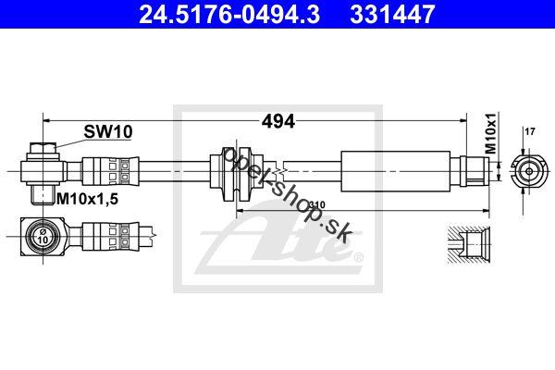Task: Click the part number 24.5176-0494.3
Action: point(229,14)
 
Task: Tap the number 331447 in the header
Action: point(392,14)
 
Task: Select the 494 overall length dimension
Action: point(278,121)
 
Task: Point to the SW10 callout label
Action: point(108,132)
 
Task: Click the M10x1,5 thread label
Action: point(88,200)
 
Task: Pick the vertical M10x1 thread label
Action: point(490,133)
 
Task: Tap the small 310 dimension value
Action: point(317,205)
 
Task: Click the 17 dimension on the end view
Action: point(530,131)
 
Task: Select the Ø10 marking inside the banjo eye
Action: point(43,236)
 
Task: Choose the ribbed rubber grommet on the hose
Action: point(237,173)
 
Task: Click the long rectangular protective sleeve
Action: point(395,171)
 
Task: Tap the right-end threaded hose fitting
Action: point(475,171)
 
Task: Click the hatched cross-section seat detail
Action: point(469,245)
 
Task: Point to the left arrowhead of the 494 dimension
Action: point(47,121)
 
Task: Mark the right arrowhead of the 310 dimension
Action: point(486,211)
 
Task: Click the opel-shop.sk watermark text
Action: point(286,195)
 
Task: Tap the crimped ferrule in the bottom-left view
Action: point(110,236)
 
